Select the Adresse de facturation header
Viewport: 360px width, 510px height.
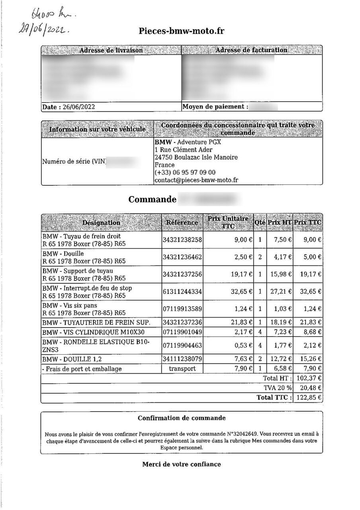click(x=251, y=50)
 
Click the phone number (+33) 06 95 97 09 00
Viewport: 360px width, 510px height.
click(x=185, y=173)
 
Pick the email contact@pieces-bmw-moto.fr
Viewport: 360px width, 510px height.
click(x=196, y=180)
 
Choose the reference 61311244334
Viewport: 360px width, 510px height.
click(x=182, y=292)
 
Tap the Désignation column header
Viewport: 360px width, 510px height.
click(x=101, y=222)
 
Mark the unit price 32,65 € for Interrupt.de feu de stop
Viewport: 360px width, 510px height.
click(x=241, y=292)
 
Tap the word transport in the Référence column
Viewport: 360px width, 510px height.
click(x=182, y=369)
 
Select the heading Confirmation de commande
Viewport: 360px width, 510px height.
click(x=182, y=418)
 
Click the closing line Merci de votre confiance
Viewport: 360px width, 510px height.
click(x=182, y=464)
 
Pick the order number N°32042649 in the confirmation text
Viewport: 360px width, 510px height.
click(x=242, y=433)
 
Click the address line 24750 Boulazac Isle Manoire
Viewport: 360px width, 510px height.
click(x=196, y=157)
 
